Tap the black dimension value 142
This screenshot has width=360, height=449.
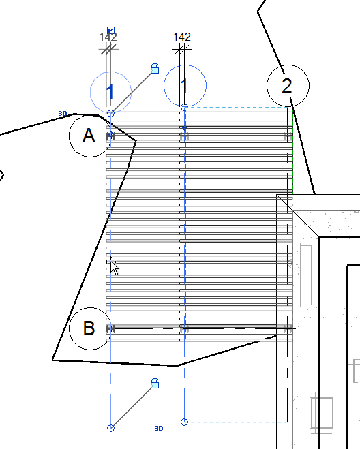click(x=182, y=37)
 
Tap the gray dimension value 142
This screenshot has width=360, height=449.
click(x=108, y=37)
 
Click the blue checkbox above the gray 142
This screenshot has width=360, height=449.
click(x=111, y=30)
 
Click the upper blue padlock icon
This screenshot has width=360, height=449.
click(x=155, y=69)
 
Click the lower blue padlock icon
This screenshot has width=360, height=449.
click(x=155, y=384)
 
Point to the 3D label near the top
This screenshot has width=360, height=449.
click(x=63, y=114)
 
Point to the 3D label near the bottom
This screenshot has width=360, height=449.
click(x=159, y=428)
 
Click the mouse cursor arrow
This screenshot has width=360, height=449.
click(x=113, y=267)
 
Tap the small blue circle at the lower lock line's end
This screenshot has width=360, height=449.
click(x=110, y=428)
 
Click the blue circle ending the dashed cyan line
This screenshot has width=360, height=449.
click(x=184, y=422)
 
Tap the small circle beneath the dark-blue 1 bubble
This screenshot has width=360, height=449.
click(x=185, y=108)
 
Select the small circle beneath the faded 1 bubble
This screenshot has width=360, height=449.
click(x=110, y=114)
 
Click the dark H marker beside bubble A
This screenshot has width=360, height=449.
click(x=110, y=136)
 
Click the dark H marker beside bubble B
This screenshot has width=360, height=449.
click(x=110, y=329)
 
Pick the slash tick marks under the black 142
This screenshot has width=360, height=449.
click(x=182, y=48)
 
